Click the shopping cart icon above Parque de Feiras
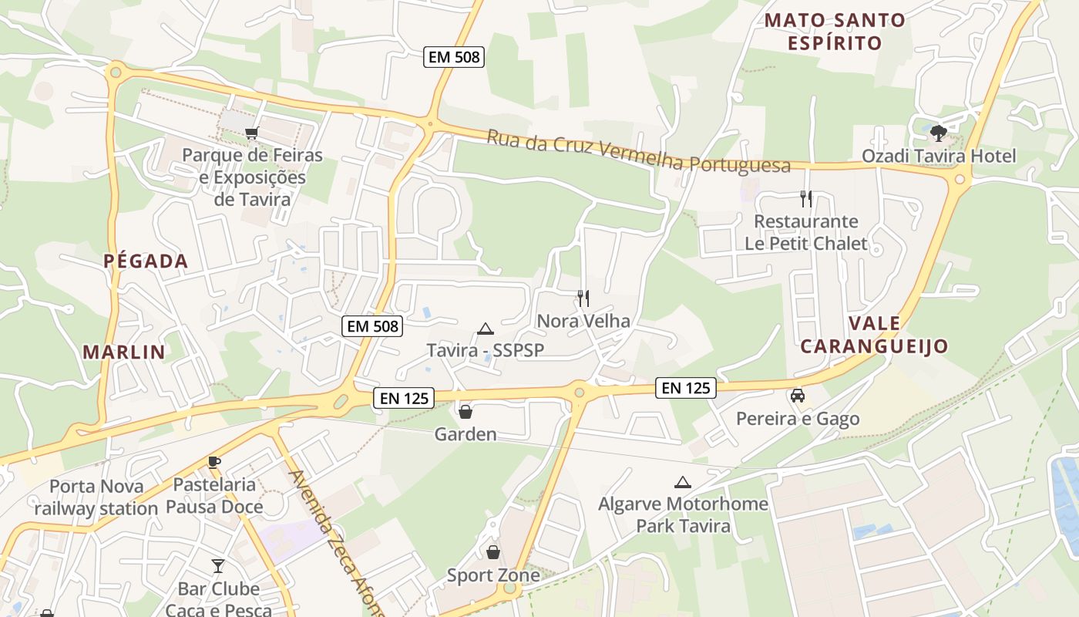251,133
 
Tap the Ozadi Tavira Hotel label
939,156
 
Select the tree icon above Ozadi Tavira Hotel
938,133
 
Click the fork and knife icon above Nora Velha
583,298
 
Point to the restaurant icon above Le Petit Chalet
806,199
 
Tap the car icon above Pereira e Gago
798,396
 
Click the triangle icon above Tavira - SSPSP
485,329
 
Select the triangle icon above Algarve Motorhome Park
682,483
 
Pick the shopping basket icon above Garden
466,412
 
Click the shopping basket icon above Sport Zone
493,552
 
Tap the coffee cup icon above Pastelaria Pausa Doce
214,463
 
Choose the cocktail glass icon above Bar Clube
218,567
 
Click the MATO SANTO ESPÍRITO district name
835,32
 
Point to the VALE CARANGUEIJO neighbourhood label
874,335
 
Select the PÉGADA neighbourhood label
146,261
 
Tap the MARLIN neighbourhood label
124,352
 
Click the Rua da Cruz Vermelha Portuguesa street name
638,151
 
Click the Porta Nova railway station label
96,497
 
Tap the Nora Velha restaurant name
583,321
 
